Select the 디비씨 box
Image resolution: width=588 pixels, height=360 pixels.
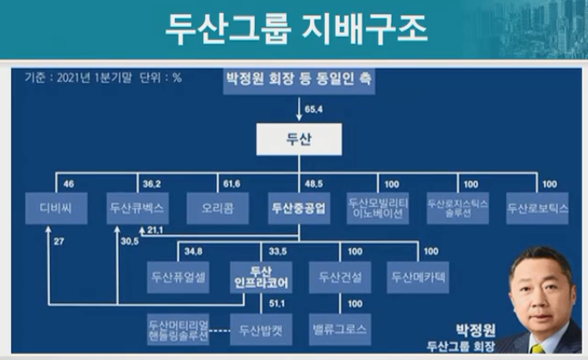coord(56,208)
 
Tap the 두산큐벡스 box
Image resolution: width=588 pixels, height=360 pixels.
coord(137,208)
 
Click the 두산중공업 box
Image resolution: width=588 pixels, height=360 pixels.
coord(298,208)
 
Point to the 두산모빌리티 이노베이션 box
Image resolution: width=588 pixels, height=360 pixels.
coord(378,208)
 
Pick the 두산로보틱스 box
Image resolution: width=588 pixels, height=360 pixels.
coord(537,208)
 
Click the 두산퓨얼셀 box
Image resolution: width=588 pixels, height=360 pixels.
coord(180,277)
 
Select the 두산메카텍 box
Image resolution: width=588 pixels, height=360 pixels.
coord(418,277)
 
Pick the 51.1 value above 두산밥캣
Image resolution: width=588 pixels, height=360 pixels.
coord(275,304)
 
